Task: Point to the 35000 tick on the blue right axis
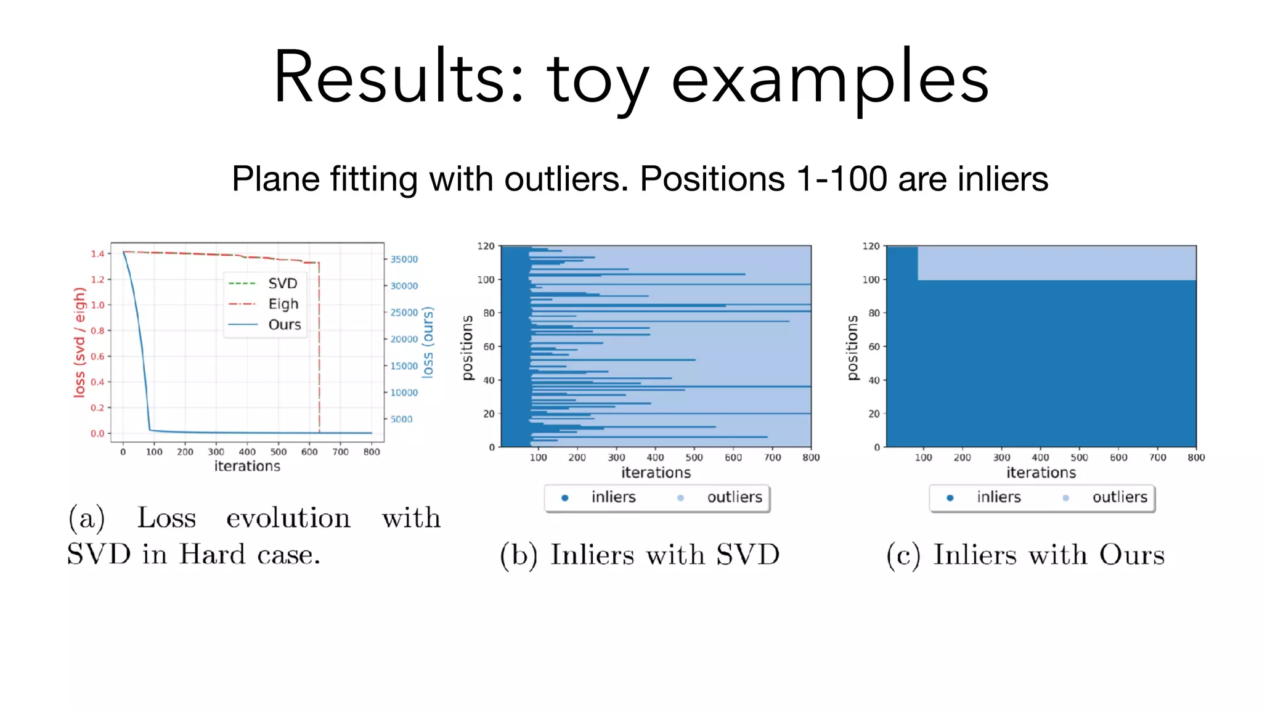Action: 404,259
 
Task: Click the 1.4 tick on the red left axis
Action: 97,253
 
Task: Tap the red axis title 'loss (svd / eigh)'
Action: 79,342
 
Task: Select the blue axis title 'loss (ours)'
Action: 428,342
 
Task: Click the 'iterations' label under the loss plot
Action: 247,467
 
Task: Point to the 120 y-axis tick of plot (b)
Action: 486,246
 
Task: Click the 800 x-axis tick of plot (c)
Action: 1196,457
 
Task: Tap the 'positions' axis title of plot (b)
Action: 467,348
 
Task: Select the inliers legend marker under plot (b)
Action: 564,498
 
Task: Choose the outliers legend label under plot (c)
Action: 1119,497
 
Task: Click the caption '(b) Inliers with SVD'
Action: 640,555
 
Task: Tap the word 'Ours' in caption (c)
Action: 1132,555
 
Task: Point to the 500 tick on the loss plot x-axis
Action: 279,452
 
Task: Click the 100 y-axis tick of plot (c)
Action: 871,280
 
